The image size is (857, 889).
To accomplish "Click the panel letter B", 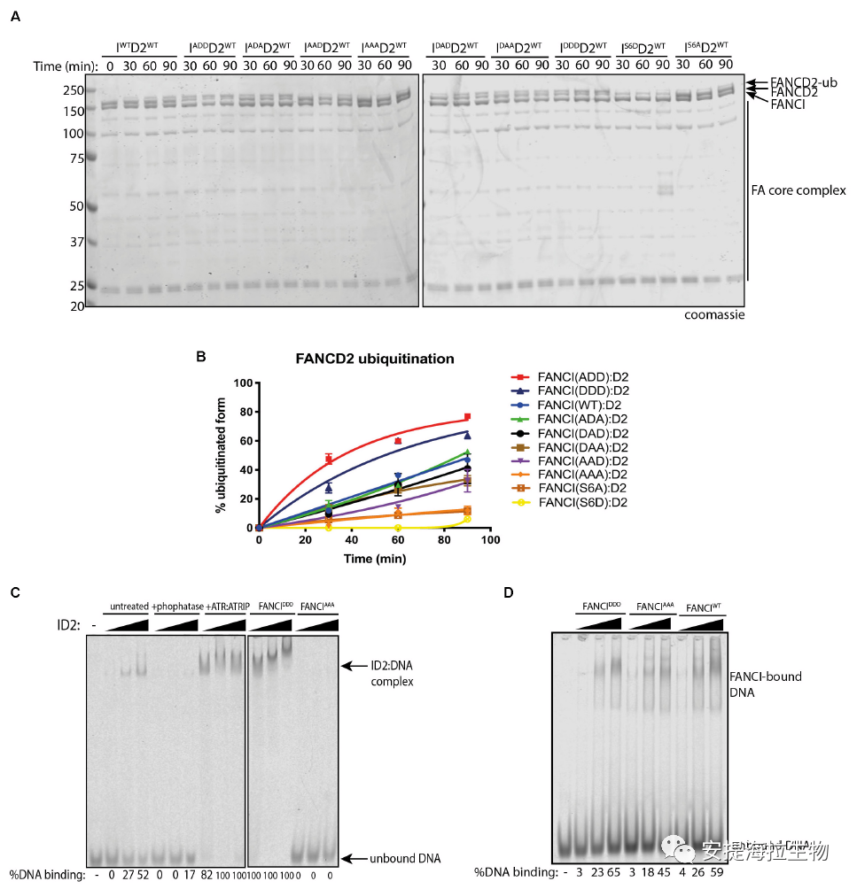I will point(200,358).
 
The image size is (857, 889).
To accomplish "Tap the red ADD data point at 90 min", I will point(467,417).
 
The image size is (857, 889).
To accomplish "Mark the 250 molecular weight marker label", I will point(72,90).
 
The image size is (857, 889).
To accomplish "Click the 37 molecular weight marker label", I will point(75,242).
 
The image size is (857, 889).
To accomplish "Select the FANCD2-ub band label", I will point(792,81).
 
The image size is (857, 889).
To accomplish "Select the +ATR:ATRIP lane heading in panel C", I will point(225,607).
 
